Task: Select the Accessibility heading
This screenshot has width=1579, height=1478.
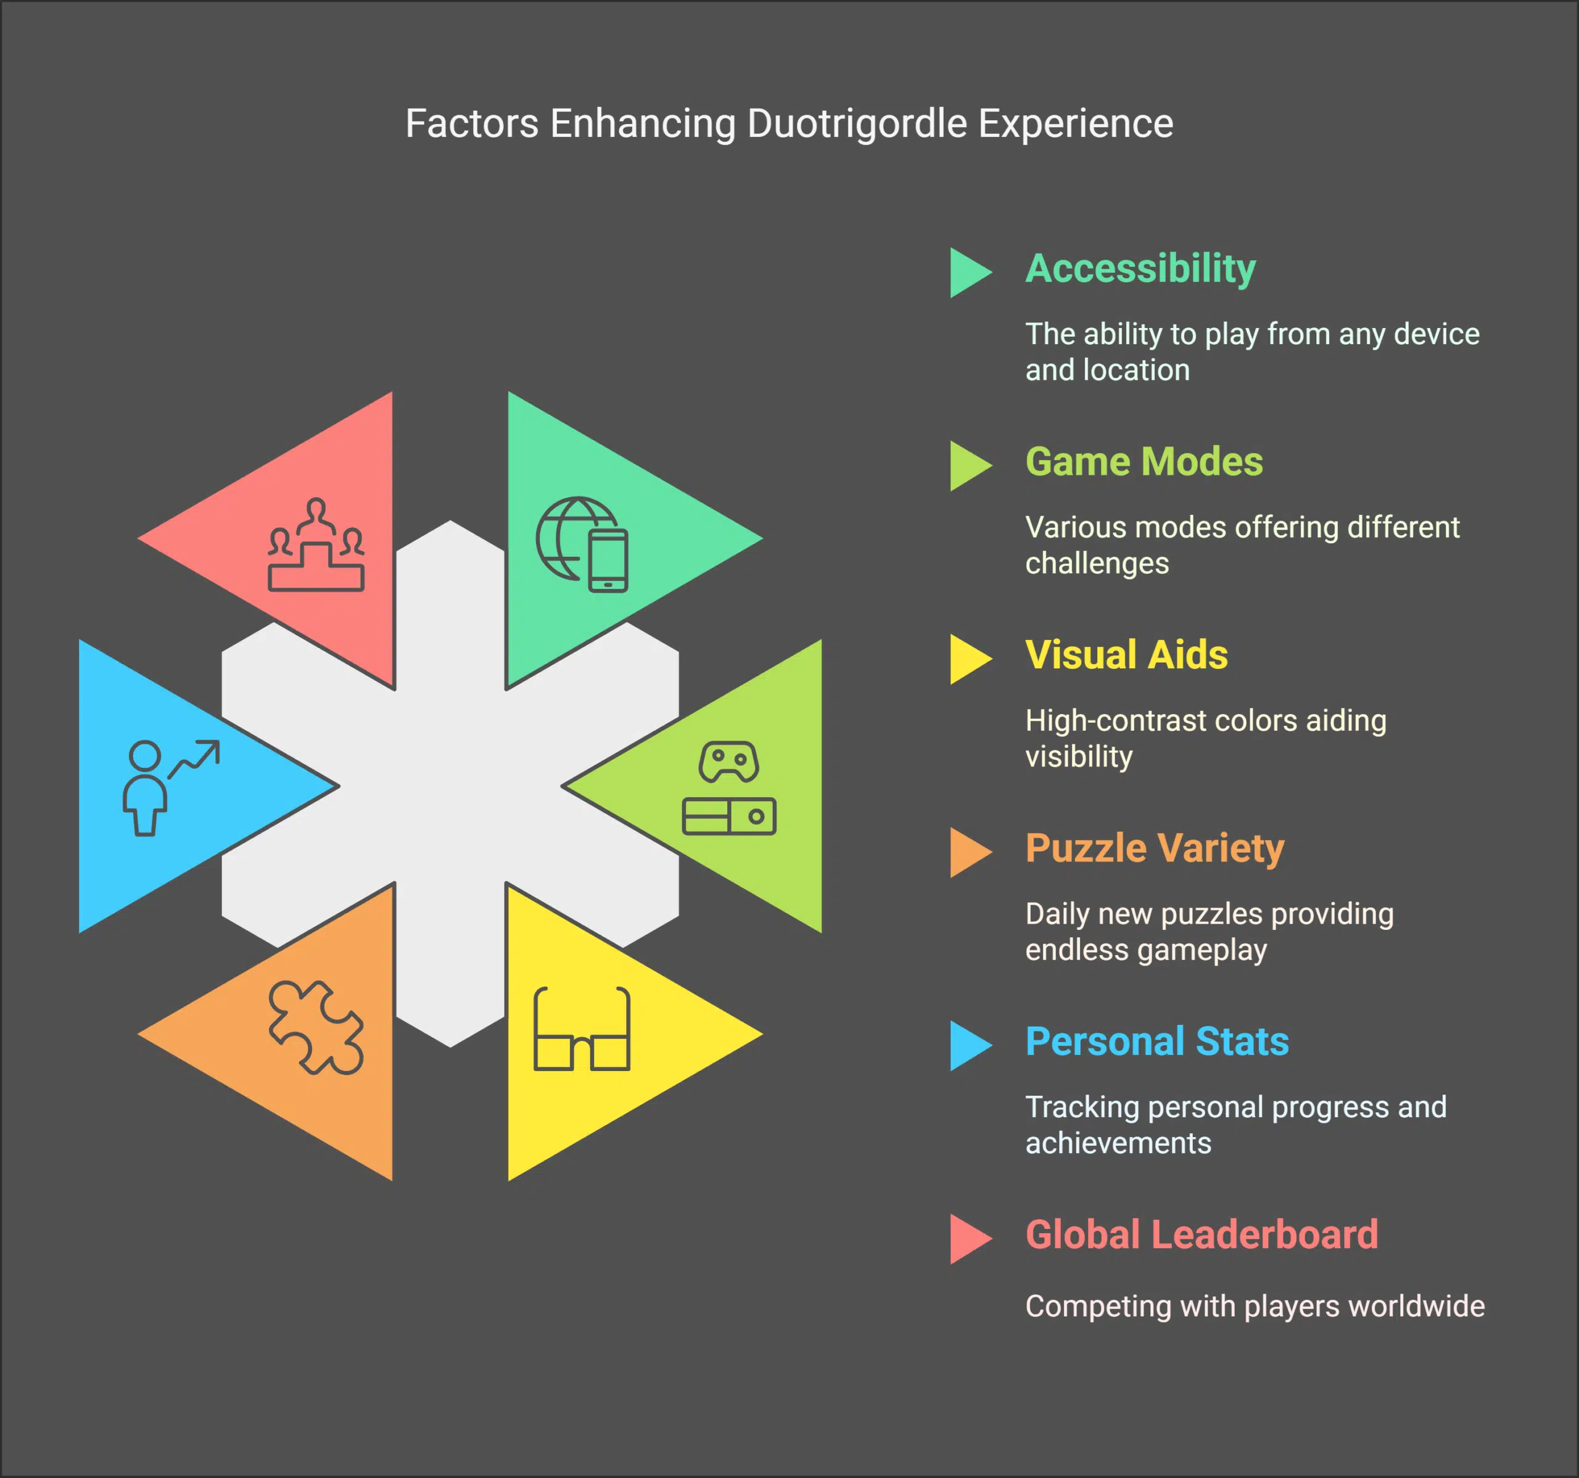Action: coord(1140,268)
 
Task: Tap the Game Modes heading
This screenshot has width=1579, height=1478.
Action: coord(1144,461)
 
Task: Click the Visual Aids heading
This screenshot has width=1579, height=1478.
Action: coord(1126,655)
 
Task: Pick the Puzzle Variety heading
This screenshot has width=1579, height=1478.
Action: coord(1154,848)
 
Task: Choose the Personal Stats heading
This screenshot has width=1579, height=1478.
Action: coord(1156,1041)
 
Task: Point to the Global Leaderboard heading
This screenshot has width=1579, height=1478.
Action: coord(1202,1234)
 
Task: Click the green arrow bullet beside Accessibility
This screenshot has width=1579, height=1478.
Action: coord(969,273)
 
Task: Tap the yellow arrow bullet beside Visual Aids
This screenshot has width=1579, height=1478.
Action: coord(969,659)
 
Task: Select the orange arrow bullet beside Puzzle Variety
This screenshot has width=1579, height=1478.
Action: coord(969,852)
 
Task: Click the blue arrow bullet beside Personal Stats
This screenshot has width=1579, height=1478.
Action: coord(969,1045)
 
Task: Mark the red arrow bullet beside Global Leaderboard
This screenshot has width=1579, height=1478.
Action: coord(969,1239)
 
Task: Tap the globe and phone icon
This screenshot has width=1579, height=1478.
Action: coord(582,544)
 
